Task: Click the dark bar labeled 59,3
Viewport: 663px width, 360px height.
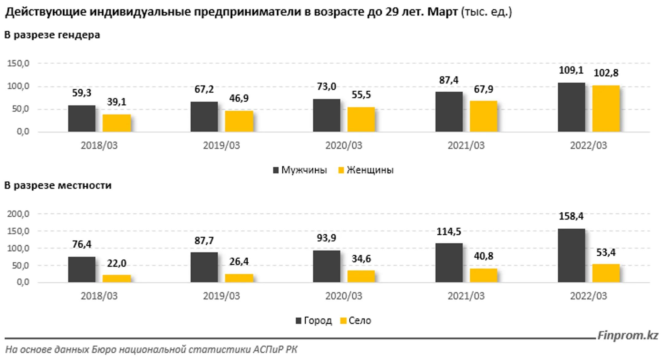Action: [82, 118]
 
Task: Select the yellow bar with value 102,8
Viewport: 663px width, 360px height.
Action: [606, 109]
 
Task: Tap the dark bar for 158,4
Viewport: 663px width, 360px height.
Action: [571, 255]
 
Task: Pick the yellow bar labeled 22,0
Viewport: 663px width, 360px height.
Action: [117, 278]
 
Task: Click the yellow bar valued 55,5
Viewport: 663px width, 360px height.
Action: [361, 119]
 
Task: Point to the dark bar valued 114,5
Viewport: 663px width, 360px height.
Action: [449, 263]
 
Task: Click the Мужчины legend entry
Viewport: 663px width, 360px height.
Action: [300, 170]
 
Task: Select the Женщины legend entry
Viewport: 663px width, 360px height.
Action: [366, 170]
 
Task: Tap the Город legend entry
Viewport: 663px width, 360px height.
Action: [314, 321]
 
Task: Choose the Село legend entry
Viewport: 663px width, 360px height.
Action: [356, 321]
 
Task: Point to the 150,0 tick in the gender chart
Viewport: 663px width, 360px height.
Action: [18, 64]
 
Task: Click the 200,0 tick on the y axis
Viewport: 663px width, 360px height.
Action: [18, 214]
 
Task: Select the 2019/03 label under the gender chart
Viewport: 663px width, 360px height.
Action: [221, 145]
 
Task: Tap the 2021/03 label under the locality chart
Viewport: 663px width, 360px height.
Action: [466, 296]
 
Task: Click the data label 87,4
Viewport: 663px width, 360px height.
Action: [449, 80]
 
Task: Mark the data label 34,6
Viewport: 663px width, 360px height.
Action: [361, 259]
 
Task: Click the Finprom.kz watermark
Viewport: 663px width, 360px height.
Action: [628, 335]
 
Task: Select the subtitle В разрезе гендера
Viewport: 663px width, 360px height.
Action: [52, 35]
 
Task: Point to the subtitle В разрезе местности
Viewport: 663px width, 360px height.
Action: [58, 185]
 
